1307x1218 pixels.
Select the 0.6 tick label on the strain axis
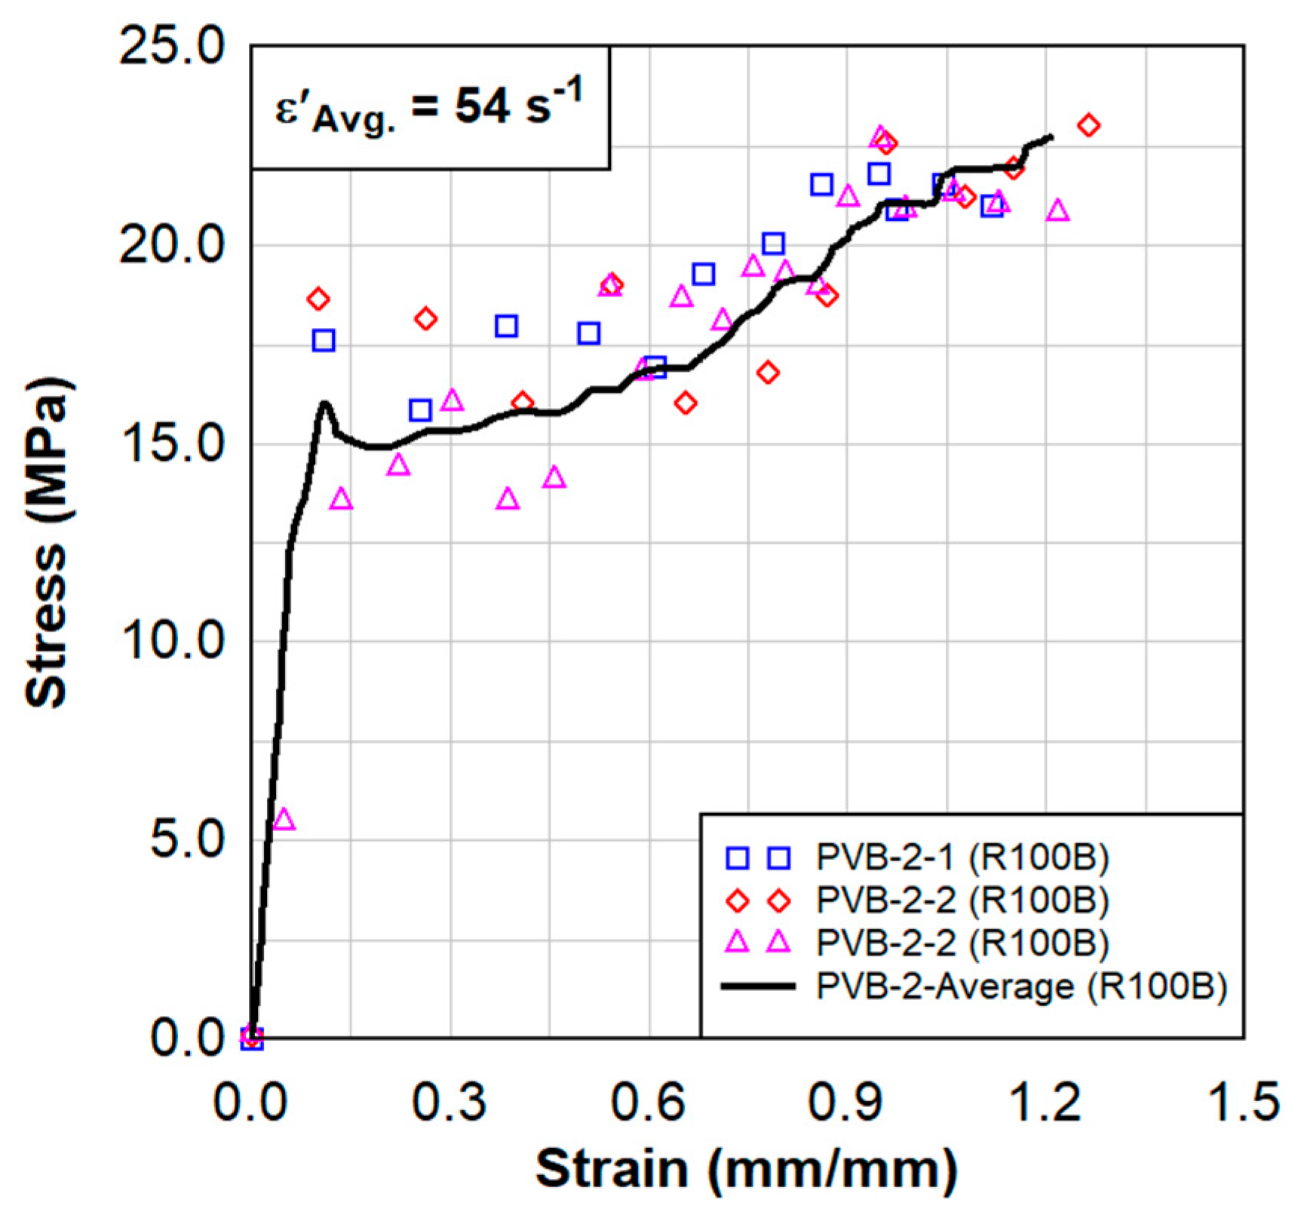tap(648, 1102)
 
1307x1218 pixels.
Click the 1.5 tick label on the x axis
tap(1244, 1102)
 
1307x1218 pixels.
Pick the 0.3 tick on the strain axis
tap(449, 1102)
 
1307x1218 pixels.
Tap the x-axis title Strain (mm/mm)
tap(746, 1170)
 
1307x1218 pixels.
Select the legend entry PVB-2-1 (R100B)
tap(962, 857)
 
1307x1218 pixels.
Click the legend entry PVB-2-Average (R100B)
tap(1021, 986)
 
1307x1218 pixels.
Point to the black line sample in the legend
tap(758, 986)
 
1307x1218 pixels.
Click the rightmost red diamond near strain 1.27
tap(1088, 125)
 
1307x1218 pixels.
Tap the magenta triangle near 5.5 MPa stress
tap(284, 820)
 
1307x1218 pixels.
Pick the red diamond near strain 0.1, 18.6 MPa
tap(318, 299)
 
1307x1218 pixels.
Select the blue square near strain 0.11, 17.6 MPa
tap(324, 340)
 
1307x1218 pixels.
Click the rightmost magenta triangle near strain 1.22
tap(1058, 211)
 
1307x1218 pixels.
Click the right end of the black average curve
tap(1051, 137)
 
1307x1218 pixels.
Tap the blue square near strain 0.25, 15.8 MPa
tap(420, 410)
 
